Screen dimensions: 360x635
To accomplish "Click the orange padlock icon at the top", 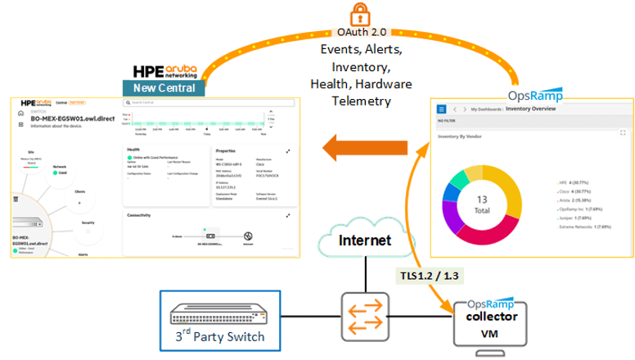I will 358,15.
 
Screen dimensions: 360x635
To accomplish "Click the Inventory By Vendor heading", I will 464,137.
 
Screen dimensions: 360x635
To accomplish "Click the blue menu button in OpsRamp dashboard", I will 442,108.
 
